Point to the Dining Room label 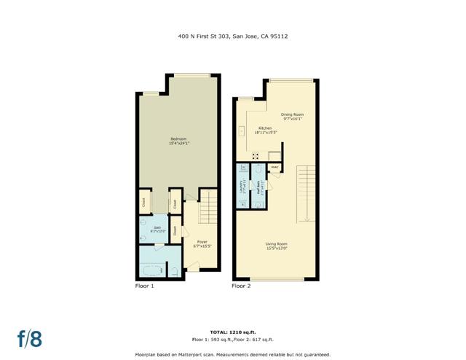click(x=292, y=114)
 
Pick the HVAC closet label click(x=275, y=168)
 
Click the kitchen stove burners click(x=256, y=155)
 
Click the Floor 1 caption click(x=145, y=286)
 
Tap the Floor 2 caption click(x=241, y=286)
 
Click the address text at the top click(x=232, y=35)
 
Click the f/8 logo click(x=30, y=338)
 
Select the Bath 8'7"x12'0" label click(x=156, y=231)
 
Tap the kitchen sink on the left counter click(x=240, y=132)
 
